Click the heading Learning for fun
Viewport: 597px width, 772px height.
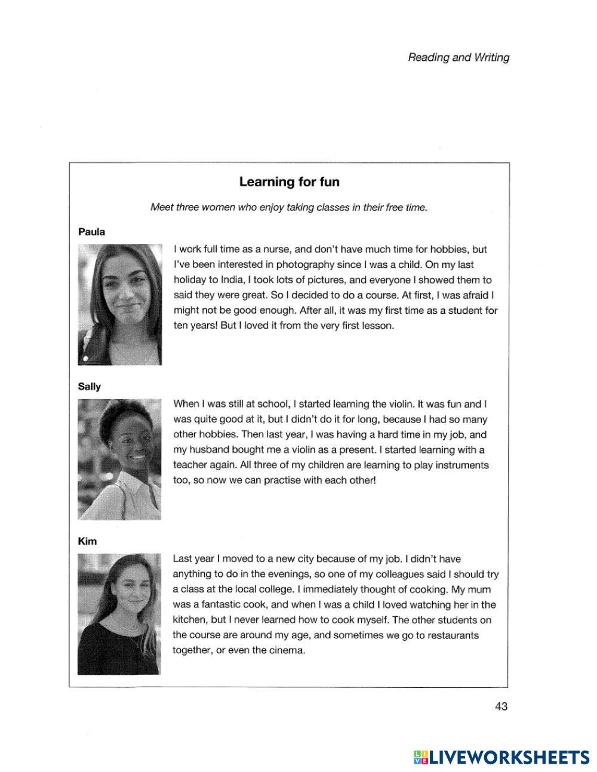pos(289,181)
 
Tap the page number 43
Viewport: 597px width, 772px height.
pos(501,706)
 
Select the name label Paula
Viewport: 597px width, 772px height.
pos(91,232)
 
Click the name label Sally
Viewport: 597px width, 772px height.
pos(90,387)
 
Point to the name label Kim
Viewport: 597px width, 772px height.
pos(87,541)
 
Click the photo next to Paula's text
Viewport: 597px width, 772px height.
pos(120,304)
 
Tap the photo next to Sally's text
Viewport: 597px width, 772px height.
pos(119,459)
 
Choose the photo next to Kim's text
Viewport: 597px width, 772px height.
pos(119,614)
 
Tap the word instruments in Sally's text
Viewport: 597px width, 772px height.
pos(461,465)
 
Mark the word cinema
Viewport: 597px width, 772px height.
pos(288,650)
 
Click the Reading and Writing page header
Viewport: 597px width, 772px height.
pos(458,57)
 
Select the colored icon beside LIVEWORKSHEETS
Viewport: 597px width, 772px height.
pos(420,757)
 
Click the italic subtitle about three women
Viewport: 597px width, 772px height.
pos(289,208)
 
